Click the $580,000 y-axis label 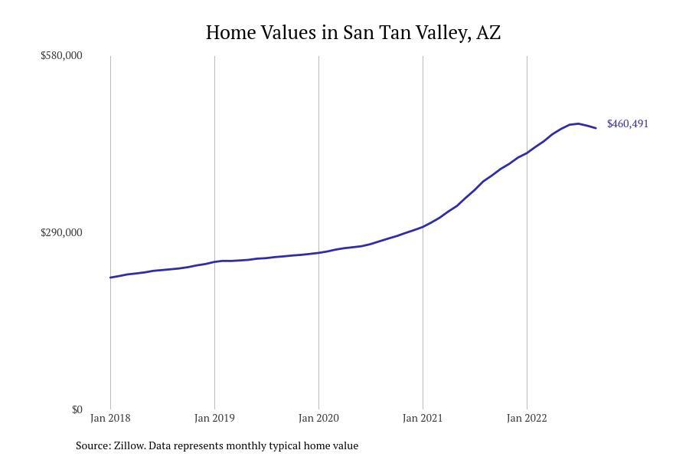[61, 56]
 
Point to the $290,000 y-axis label [61, 233]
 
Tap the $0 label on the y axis [77, 410]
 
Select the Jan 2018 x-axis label [110, 419]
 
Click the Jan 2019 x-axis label [214, 419]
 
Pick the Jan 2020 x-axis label [318, 419]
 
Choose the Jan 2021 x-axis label [423, 419]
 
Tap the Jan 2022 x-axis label [527, 419]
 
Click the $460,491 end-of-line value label [628, 124]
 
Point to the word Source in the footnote [93, 445]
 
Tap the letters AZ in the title [488, 33]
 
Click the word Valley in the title [442, 33]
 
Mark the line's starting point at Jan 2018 [110, 278]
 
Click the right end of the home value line [596, 128]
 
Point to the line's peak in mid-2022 [578, 123]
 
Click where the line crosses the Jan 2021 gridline [423, 226]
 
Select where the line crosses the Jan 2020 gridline [318, 252]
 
